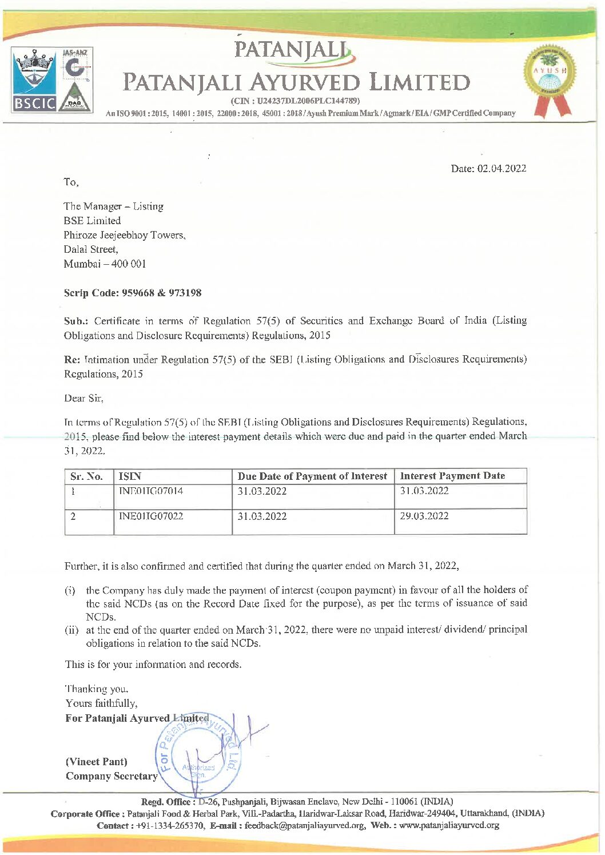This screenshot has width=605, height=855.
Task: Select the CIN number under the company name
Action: tap(294, 101)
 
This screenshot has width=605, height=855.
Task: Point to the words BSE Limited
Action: tap(92, 221)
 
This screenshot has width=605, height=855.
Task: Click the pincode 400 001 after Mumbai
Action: tap(129, 264)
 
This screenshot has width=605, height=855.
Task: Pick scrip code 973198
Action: tap(185, 293)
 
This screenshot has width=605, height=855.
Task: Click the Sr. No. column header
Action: tap(87, 476)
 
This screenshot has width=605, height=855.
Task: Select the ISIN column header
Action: tap(130, 476)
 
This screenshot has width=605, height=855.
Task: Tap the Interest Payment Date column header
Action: tap(452, 476)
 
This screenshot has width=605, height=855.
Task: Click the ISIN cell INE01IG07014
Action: tap(151, 491)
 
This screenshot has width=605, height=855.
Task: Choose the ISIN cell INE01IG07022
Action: tap(151, 516)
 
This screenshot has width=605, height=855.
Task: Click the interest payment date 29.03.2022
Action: tap(424, 516)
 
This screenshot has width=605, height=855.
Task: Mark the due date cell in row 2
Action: tap(262, 516)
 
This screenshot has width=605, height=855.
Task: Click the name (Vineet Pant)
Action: tap(97, 762)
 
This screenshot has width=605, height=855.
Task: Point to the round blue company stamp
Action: tap(198, 755)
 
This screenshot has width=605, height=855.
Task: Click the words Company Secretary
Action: tap(112, 776)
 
